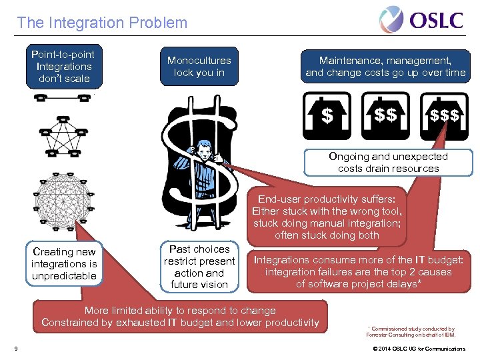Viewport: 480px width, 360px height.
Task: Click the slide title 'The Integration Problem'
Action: (x=102, y=23)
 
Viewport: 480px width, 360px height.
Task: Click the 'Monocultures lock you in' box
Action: (x=199, y=67)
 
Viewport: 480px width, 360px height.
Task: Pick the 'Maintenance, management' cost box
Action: (x=385, y=67)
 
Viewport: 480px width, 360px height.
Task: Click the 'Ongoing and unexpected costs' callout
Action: (x=388, y=163)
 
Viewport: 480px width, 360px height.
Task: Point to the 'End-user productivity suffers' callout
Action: (x=327, y=217)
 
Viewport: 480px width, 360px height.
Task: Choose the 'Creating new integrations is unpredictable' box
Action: (x=65, y=263)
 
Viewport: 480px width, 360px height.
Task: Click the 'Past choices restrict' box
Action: (x=199, y=267)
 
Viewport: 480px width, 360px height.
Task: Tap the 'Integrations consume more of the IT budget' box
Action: (x=358, y=272)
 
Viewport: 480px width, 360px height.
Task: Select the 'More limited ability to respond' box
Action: (x=180, y=317)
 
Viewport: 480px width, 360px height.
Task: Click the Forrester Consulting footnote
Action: (x=411, y=331)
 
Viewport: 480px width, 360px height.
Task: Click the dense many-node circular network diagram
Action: (x=63, y=200)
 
